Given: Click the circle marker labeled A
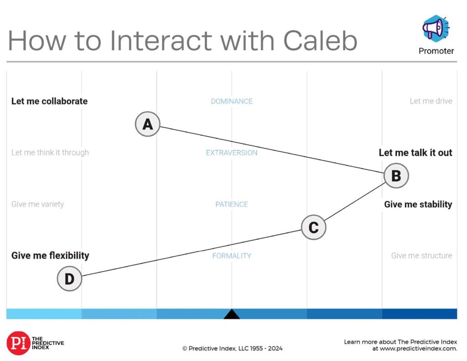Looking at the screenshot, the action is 148,124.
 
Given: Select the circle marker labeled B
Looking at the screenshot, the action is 396,175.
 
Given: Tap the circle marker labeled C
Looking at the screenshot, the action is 314,227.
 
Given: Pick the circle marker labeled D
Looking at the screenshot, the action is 69,278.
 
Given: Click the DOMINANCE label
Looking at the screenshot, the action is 232,101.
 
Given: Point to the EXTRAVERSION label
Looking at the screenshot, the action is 232,153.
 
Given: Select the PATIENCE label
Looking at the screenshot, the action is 232,204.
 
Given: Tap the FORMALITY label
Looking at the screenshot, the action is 232,256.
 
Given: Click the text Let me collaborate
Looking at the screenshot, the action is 49,101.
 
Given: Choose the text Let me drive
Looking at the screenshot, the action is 431,101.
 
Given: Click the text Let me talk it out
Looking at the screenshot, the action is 415,153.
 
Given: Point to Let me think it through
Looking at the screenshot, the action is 50,153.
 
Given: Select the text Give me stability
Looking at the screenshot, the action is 418,204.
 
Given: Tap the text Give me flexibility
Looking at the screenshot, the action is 50,256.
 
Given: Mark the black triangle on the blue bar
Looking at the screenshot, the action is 232,314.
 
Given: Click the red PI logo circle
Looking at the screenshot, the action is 18,343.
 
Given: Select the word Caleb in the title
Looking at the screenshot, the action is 320,41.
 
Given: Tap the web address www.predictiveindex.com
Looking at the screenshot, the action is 418,349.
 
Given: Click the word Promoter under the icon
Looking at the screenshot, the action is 436,51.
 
